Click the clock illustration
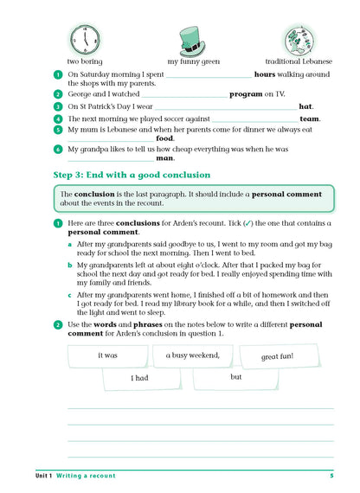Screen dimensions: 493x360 pyautogui.click(x=86, y=37)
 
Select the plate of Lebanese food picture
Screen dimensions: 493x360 pyautogui.click(x=299, y=39)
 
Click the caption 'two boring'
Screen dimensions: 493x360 pyautogui.click(x=86, y=62)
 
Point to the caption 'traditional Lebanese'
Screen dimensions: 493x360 pyautogui.click(x=299, y=62)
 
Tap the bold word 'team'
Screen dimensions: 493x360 pyautogui.click(x=310, y=118)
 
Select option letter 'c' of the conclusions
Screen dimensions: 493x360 pyautogui.click(x=70, y=295)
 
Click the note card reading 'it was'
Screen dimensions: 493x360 pyautogui.click(x=108, y=355)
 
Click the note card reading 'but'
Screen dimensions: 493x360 pyautogui.click(x=235, y=377)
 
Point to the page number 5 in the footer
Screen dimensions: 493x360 pyautogui.click(x=331, y=477)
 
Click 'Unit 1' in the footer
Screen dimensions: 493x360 pyautogui.click(x=38, y=477)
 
